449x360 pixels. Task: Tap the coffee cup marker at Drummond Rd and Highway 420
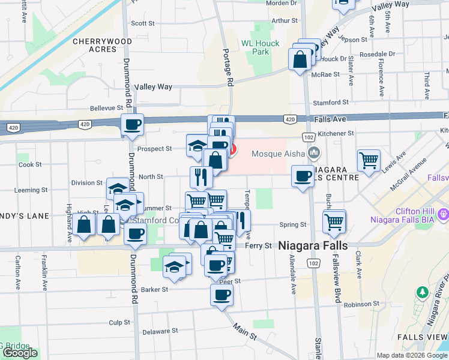132,125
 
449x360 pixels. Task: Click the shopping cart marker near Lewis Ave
369,160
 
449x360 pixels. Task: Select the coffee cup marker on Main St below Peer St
221,295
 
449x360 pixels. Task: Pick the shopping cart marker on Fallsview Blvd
334,221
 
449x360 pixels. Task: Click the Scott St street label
143,23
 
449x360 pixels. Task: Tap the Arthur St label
284,20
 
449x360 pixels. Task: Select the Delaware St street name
160,331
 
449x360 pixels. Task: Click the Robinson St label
358,304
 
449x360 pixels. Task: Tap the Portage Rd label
227,66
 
